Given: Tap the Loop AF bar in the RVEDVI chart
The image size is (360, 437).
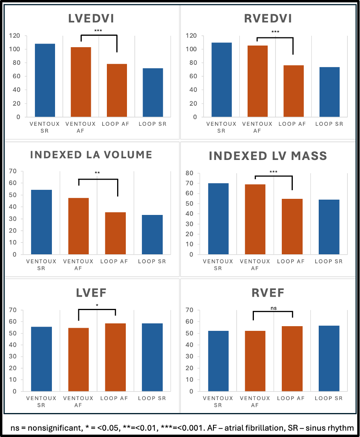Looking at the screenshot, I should coord(293,91).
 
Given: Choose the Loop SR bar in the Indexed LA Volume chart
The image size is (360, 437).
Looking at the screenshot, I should coord(152,235).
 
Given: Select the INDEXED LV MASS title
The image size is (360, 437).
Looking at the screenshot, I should coord(268,156).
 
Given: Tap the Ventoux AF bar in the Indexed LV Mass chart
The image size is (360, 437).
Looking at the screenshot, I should coord(255,219).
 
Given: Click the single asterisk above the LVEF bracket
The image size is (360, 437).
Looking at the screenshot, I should coord(97,305).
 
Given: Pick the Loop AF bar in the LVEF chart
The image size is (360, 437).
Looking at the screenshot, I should coord(115,357).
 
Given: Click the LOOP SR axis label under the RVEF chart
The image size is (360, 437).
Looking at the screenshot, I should coord(329,398).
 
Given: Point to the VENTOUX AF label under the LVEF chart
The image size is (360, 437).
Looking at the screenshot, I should coord(79,401).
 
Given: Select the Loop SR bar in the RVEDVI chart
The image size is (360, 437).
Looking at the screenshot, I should coord(329,92).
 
